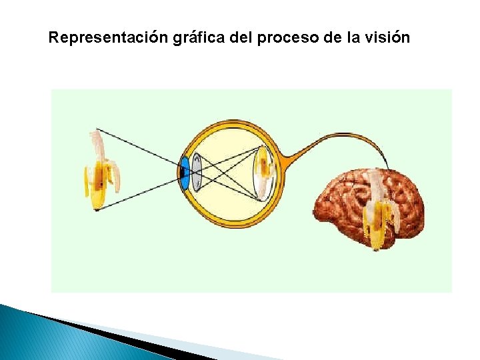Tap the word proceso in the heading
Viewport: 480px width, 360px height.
click(x=287, y=38)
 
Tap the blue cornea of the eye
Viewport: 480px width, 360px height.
click(x=183, y=172)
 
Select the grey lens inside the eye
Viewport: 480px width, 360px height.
click(x=196, y=172)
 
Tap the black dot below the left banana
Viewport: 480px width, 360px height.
click(x=97, y=210)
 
